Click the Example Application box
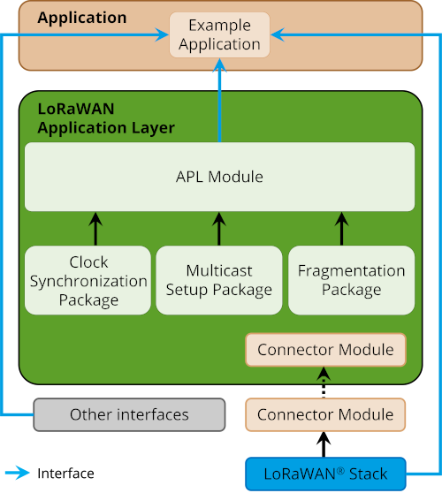[219, 35]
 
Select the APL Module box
[219, 177]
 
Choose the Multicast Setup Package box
[219, 281]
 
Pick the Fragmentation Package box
[351, 281]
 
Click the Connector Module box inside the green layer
[325, 350]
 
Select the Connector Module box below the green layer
[325, 414]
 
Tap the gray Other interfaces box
[129, 414]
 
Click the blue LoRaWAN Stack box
[325, 474]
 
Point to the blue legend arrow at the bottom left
[18, 473]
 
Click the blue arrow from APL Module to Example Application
[219, 106]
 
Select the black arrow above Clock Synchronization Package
[96, 228]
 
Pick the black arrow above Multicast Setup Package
[219, 228]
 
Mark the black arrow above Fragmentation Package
[342, 228]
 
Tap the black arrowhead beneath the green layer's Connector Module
[324, 375]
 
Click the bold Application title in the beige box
[82, 18]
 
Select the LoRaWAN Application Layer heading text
[106, 119]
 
